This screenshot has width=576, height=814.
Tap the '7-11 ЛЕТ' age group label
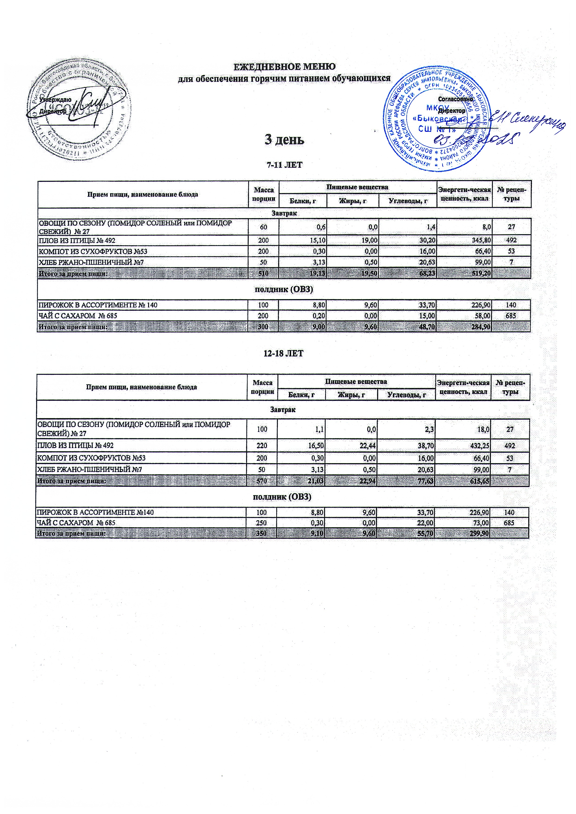(284, 165)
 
